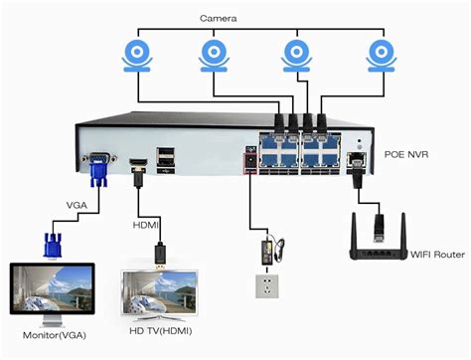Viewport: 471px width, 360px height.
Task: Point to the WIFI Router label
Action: [436, 255]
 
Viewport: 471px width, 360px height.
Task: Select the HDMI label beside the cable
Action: [147, 225]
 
